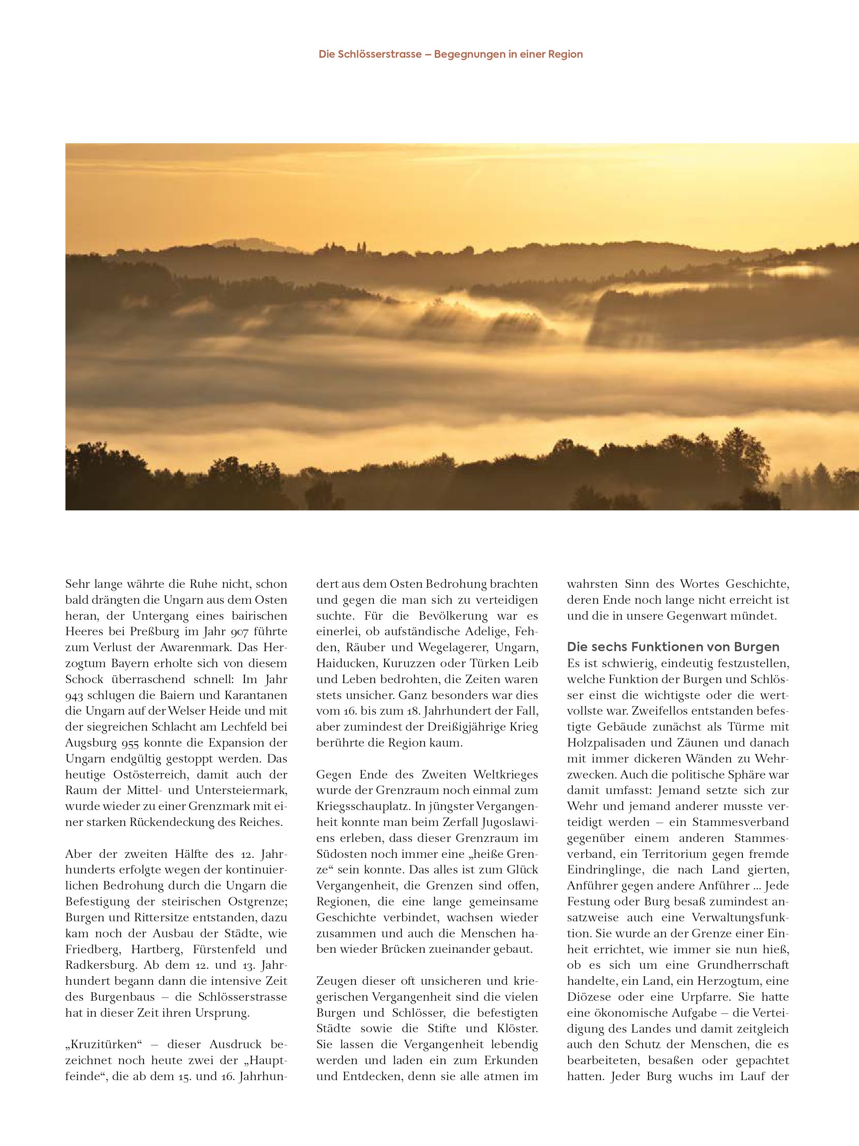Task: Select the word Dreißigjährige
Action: tap(456, 727)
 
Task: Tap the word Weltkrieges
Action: tap(506, 774)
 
